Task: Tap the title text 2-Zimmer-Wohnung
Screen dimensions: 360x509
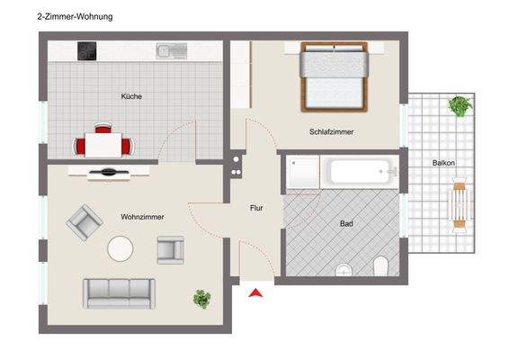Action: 75,16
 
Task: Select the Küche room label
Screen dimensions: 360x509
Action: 131,96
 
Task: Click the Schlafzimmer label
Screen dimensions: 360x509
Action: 331,131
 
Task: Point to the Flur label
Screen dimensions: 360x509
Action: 256,208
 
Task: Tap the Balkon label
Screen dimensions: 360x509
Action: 443,163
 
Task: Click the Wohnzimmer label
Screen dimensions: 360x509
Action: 141,216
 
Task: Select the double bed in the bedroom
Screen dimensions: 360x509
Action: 335,77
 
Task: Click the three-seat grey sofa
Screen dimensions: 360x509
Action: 119,292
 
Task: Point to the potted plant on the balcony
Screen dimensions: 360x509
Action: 460,106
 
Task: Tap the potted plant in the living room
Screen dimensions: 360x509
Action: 202,296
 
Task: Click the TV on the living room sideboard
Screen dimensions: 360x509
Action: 109,171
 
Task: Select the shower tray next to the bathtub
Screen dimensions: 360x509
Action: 302,173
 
